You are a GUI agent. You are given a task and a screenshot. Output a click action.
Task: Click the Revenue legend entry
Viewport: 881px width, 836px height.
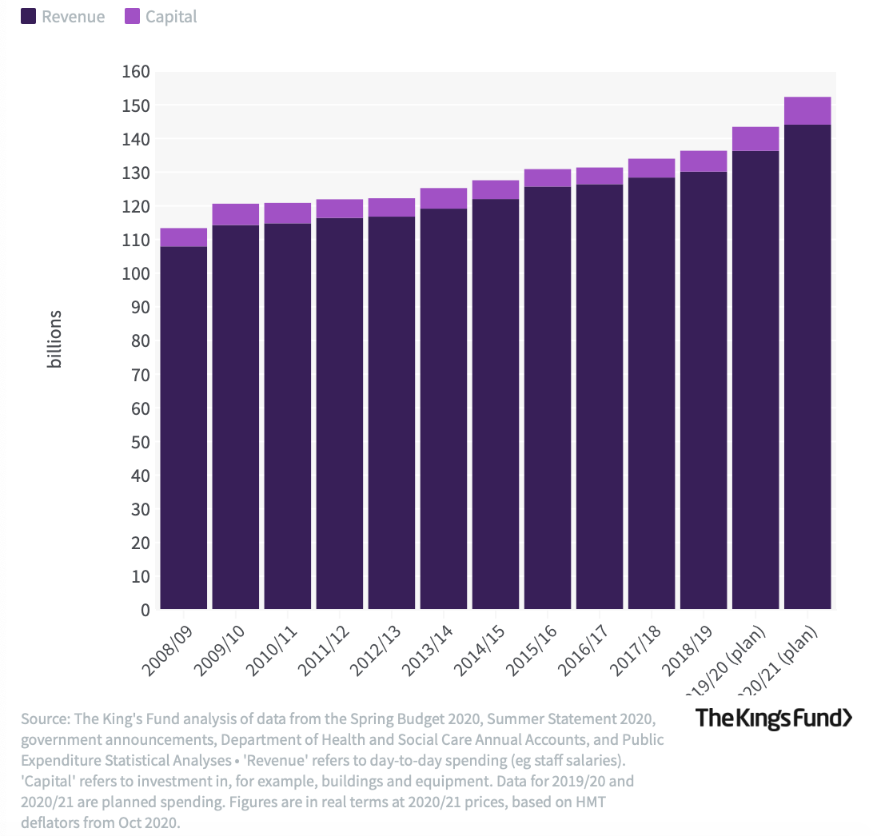coord(63,17)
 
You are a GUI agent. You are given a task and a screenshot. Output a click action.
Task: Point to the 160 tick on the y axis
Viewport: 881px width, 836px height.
coord(136,72)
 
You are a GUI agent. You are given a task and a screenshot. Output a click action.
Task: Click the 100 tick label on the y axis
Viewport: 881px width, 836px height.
coord(136,274)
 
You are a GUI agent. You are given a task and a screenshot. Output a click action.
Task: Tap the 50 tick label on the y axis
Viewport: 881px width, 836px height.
coord(140,442)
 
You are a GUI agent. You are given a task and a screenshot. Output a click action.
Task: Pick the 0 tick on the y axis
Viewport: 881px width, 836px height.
coord(145,611)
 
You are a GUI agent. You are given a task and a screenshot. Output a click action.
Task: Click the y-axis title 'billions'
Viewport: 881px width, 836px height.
coord(54,340)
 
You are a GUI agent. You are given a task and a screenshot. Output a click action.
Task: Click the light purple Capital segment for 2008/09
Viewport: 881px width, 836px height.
coord(184,237)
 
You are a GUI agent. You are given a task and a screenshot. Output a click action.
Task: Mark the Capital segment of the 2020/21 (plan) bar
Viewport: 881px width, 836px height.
coord(807,111)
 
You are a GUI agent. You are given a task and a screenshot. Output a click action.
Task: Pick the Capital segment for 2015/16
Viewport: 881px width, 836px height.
coord(548,178)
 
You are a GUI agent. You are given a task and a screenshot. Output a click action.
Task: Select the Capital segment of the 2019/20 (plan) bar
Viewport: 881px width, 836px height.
coord(755,139)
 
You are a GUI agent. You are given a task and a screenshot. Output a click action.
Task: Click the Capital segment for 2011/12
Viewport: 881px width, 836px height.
coord(340,209)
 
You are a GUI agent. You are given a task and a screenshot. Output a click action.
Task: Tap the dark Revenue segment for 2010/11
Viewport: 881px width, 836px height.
coord(288,416)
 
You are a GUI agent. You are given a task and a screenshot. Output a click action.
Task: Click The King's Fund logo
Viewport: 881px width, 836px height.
coord(773,718)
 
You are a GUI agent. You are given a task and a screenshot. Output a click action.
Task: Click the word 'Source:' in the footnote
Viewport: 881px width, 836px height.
coord(45,718)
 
